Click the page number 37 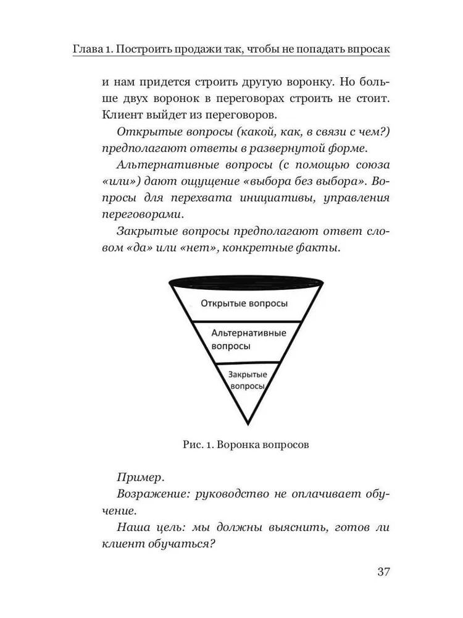[383, 571]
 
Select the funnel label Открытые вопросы [244, 304]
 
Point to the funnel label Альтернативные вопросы [248, 339]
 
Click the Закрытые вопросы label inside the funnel [247, 379]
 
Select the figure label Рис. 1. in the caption [196, 444]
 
